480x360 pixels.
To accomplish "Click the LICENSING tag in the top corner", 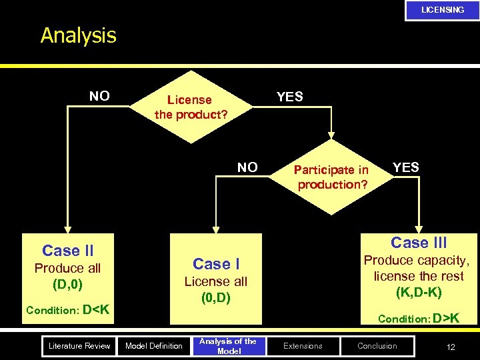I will click(442, 10).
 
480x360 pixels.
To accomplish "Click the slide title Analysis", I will click(78, 35).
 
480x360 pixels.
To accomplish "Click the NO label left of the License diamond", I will click(99, 96).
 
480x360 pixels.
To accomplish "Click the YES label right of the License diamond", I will click(289, 97).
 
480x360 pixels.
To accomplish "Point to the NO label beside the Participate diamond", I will click(247, 167).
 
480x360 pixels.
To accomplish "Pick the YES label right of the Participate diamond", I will click(405, 167).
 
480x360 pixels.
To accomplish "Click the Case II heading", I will click(67, 251).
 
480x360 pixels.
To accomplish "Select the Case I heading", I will click(215, 264).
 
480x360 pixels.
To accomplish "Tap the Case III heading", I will click(419, 243).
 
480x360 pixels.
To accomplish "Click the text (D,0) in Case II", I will click(67, 285).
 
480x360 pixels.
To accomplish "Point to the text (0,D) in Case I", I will click(215, 298).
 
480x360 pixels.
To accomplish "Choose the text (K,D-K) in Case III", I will click(419, 292).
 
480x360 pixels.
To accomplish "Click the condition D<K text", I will click(67, 310).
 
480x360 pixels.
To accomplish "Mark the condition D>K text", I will click(418, 318).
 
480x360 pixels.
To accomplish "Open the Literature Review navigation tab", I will click(79, 345).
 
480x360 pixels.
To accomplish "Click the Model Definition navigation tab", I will click(154, 345).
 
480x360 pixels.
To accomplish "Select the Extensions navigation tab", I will click(303, 345).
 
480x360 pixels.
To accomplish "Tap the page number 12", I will click(451, 346).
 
